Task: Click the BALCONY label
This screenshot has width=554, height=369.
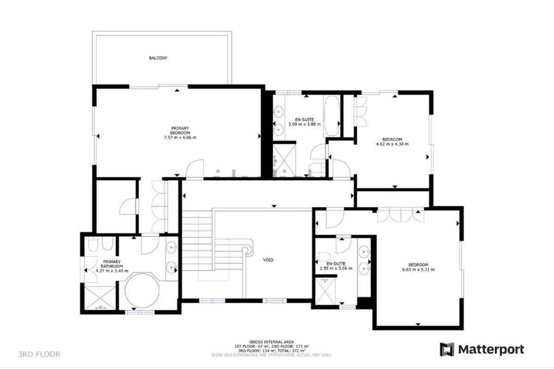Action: coord(158,58)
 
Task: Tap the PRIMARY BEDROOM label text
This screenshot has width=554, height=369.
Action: coord(180,131)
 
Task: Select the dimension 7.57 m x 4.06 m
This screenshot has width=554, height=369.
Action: coord(180,137)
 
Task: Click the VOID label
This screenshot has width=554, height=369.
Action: coord(268,260)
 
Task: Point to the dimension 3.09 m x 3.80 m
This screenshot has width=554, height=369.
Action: coord(304,124)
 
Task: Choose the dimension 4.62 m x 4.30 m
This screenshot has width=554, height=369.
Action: coord(392,144)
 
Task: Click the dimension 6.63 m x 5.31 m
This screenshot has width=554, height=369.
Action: coord(418,269)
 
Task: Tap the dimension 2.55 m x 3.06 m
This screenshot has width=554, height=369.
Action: coord(336,268)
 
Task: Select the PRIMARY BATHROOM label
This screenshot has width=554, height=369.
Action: coord(112,264)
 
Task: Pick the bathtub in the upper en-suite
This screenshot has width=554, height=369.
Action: coord(331,116)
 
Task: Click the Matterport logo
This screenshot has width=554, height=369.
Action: coord(482,349)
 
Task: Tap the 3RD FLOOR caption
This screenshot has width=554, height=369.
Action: coord(39,354)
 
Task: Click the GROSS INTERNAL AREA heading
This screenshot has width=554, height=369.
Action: coord(271,342)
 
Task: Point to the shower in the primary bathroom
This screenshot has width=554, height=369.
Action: coord(100,298)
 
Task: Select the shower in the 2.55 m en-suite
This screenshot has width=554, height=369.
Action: coord(326,291)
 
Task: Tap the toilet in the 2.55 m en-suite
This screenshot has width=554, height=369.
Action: coord(324,256)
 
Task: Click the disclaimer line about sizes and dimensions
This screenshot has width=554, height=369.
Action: coord(271,355)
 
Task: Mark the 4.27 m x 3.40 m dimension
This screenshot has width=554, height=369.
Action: coord(112,271)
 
